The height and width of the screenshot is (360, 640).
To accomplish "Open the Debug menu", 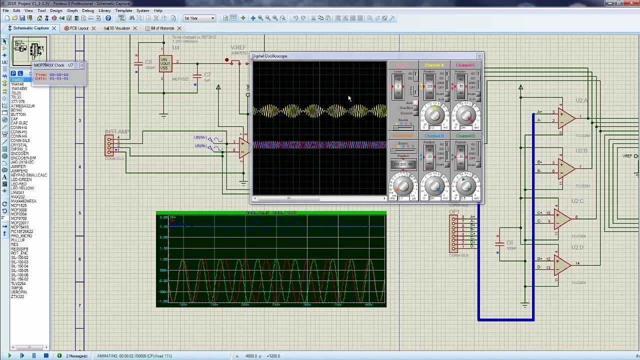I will tap(88, 10).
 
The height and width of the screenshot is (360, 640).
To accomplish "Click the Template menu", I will tap(123, 10).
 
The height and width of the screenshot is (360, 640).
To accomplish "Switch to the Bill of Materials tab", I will tap(162, 28).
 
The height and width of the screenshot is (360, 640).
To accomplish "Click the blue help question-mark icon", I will tap(108, 18).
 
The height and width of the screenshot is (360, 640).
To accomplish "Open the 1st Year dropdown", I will tap(199, 18).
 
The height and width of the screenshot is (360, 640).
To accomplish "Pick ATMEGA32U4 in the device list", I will tap(22, 106).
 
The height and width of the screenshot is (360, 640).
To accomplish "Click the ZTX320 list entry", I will tap(17, 296).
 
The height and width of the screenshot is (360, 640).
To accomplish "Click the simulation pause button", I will tap(33, 356).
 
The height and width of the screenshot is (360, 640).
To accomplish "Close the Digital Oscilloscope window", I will tap(479, 56).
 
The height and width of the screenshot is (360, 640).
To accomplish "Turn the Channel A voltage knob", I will tap(434, 115).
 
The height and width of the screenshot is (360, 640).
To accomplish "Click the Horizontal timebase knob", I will tap(403, 186).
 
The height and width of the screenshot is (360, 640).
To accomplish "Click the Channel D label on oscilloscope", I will tap(465, 136).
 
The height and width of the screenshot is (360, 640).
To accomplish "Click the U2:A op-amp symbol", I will tap(565, 118).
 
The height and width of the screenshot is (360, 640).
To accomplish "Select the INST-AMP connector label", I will tap(117, 132).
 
